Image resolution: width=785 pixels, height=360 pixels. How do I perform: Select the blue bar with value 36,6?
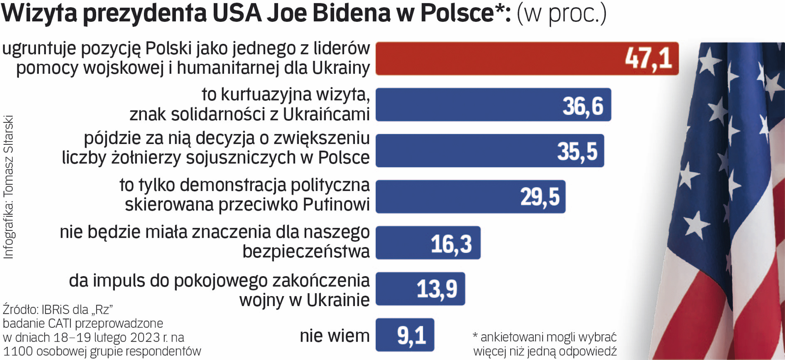(493, 105)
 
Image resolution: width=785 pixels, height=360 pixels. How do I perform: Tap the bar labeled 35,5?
(489, 151)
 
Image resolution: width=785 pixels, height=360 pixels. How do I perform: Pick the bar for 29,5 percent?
(470, 197)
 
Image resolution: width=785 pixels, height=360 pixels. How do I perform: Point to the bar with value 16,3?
(428, 243)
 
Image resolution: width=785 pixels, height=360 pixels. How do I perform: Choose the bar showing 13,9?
(420, 289)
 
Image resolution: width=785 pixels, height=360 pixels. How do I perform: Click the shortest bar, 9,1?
(405, 335)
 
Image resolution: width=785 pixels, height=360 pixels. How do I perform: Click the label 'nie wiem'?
(334, 336)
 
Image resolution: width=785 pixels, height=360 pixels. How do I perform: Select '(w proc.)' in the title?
(561, 14)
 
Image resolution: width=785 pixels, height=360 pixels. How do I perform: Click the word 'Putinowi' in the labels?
(336, 204)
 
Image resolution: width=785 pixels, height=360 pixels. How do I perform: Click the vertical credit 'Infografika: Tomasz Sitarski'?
(9, 187)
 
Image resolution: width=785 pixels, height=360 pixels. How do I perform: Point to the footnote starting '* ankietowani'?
(545, 344)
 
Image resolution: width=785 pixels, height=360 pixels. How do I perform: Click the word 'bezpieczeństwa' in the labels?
(306, 251)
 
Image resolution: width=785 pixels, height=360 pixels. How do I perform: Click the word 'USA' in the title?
(237, 13)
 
